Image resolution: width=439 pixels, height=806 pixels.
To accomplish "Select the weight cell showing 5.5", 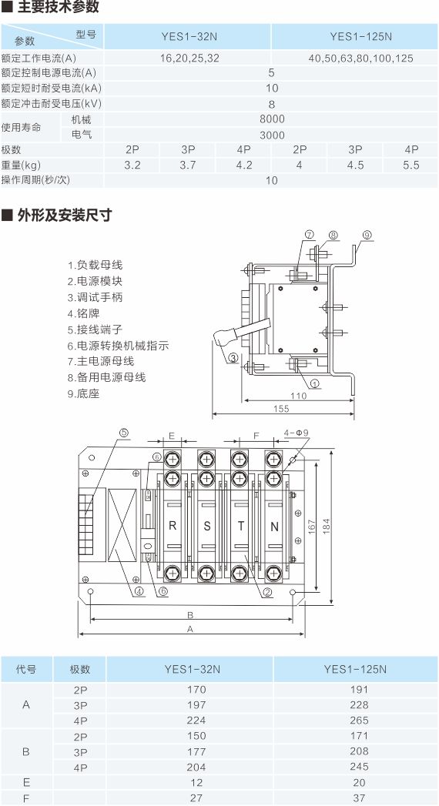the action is (x=411, y=165).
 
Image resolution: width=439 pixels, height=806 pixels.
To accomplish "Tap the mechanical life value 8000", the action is (x=272, y=119).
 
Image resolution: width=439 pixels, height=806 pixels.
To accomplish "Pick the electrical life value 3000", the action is (x=272, y=135).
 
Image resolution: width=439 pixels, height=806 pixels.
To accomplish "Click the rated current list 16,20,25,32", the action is (x=189, y=58).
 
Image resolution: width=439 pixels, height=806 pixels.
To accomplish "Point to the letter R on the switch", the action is (x=173, y=526).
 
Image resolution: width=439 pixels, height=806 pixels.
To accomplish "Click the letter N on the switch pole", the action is (x=274, y=527).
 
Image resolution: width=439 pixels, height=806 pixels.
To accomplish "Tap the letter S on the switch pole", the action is (x=206, y=527).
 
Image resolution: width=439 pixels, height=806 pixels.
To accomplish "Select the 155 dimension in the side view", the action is (x=281, y=410).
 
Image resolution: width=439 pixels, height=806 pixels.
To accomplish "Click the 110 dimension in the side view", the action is (x=298, y=396).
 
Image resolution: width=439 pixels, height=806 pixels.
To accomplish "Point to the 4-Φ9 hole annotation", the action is (x=296, y=433).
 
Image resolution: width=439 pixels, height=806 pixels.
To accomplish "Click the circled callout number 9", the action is (x=367, y=235).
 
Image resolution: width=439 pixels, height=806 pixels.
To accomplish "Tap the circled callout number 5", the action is (x=123, y=433).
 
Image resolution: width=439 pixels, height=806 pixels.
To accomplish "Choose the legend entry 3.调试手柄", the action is (x=95, y=297).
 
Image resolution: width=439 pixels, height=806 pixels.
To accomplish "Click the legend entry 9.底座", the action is (x=83, y=393).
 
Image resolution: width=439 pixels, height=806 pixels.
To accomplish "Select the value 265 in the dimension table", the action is (x=359, y=720).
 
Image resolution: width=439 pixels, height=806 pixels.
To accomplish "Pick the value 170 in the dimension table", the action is (x=196, y=689).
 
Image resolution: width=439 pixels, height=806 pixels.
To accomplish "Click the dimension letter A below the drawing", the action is (x=190, y=629).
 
